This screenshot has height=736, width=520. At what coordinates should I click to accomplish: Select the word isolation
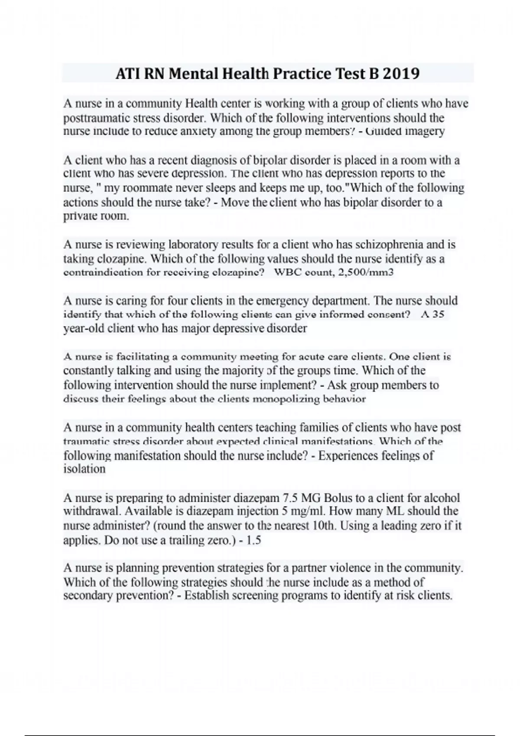(x=84, y=469)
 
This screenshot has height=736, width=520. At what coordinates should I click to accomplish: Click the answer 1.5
(x=253, y=540)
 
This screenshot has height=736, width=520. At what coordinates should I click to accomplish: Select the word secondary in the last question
(x=84, y=596)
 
